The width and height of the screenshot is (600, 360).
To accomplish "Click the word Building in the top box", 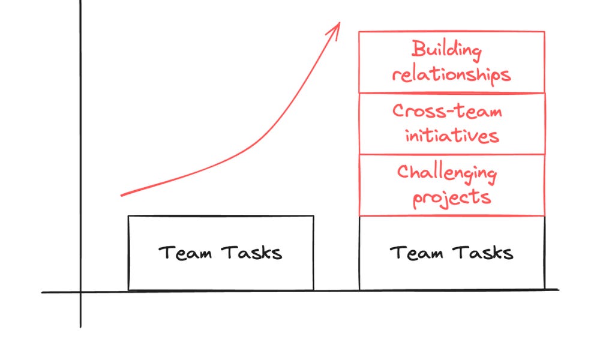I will (446, 50).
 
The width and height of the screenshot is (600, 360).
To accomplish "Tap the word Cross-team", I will (447, 111).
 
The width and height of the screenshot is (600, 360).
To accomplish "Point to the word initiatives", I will (452, 136).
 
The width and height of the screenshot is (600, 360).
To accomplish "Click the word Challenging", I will (447, 173).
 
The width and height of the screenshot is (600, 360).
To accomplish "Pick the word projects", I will (452, 198).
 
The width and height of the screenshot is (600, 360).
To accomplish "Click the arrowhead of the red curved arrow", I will (338, 25).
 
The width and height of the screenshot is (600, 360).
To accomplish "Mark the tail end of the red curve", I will (122, 195).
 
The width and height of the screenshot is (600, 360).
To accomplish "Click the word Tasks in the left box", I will (251, 252).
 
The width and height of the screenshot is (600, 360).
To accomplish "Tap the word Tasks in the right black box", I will (483, 252).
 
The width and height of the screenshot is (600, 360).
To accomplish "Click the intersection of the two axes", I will (80, 292).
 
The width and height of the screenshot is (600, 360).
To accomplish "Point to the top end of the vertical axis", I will (80, 2).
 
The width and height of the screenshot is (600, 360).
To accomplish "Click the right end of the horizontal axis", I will (558, 290).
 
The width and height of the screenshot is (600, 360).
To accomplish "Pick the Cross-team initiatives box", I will (451, 124).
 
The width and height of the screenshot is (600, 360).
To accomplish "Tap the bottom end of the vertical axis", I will (80, 327).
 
